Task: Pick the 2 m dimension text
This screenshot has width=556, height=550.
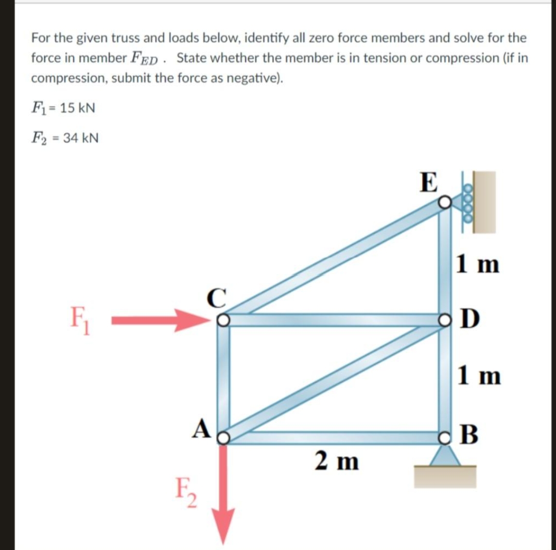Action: pyautogui.click(x=337, y=460)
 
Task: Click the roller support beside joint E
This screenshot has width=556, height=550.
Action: pyautogui.click(x=468, y=203)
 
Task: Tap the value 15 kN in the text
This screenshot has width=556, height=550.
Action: pyautogui.click(x=77, y=108)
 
